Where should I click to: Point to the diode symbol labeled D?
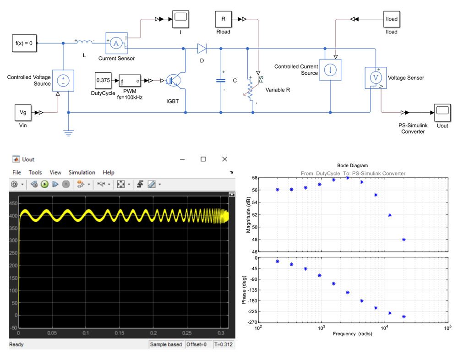[x=202, y=47]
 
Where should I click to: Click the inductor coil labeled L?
[x=84, y=43]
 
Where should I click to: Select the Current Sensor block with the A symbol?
[x=116, y=43]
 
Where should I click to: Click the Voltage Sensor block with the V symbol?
[x=376, y=78]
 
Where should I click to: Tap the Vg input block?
[x=23, y=112]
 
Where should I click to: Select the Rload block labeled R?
[x=223, y=19]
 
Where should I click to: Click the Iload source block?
[x=392, y=19]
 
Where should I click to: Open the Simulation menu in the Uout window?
[x=82, y=172]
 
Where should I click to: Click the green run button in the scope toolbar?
[x=45, y=184]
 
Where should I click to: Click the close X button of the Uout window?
[x=224, y=159]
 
